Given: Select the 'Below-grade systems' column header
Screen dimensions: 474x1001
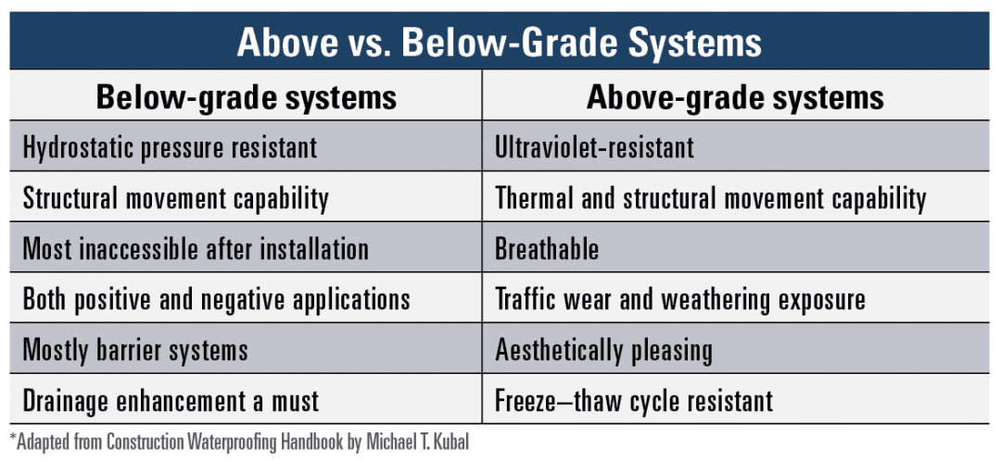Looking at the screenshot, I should coord(246,97).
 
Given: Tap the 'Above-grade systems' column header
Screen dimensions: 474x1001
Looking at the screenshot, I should coord(735,97).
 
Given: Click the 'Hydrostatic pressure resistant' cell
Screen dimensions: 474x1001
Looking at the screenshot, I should coord(170,147).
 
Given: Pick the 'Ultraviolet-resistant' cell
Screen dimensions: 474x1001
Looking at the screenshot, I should coord(594,147).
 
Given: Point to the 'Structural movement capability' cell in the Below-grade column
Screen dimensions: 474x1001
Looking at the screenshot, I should coord(175,198).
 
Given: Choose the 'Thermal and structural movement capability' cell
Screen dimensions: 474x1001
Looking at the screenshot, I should coord(710,198).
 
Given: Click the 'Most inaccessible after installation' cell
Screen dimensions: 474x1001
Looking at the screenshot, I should coord(196,249).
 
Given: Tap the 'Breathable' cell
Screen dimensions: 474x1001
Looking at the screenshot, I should coord(547,249).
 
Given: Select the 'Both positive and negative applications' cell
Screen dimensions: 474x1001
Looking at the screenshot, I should coord(216,300).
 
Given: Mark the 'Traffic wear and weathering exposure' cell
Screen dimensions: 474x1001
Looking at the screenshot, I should coord(680,300).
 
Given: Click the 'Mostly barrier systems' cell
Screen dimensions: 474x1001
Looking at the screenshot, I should coord(135,350).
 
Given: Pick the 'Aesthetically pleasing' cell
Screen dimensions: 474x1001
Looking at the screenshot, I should coord(603,350).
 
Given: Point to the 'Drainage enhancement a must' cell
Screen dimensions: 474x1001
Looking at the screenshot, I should coord(171,401).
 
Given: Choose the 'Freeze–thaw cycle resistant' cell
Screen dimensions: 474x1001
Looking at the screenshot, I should coord(634,401).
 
